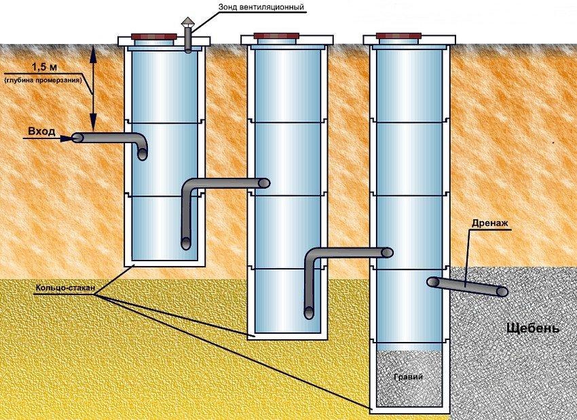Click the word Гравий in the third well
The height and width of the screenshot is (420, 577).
408,377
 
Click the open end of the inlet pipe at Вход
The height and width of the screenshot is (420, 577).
77,138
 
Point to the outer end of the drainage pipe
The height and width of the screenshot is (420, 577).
502,291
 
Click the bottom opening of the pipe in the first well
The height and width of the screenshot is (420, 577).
186,242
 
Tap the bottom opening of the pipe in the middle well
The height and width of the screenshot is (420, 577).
309,312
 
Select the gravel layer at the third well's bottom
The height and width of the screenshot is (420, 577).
408,380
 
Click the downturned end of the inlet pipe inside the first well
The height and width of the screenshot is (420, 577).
142,154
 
